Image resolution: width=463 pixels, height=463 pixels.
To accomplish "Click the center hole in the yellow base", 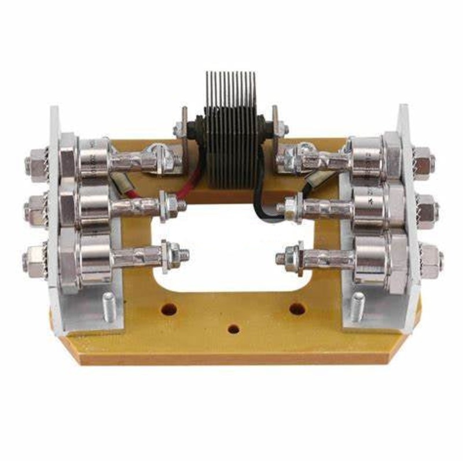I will click(x=233, y=329).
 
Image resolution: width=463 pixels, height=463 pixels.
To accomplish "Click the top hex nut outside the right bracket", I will click(x=423, y=160).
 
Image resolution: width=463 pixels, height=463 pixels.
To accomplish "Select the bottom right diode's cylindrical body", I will click(x=370, y=260).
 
